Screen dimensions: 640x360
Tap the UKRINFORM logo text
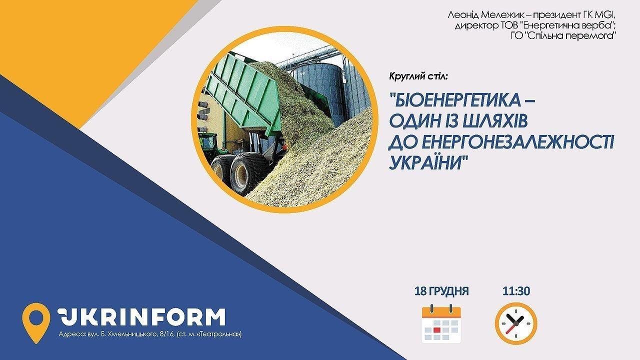(141, 317)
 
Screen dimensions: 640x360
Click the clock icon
(516, 323)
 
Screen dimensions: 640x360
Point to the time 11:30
(516, 291)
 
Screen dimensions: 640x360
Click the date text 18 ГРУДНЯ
(441, 291)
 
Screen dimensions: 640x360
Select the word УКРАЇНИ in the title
(425, 163)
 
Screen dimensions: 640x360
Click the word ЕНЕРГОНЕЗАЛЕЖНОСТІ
(517, 142)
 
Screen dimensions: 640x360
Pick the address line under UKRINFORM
(150, 334)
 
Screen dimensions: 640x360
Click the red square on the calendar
(436, 330)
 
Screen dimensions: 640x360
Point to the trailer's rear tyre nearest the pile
(245, 172)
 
